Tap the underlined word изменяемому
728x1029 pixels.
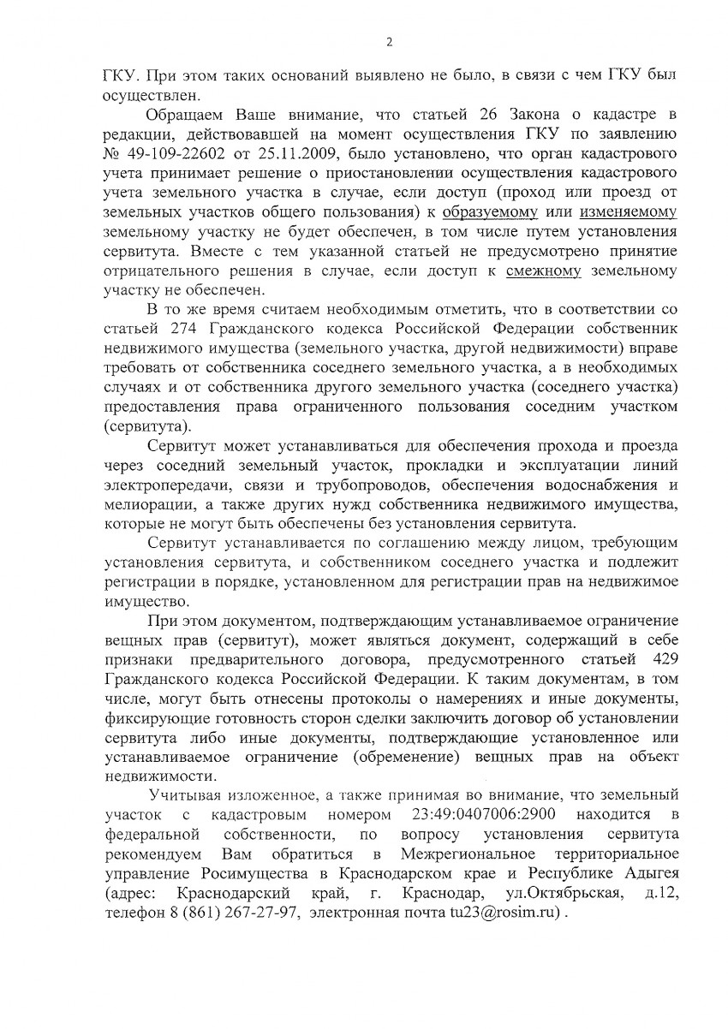coord(628,211)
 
